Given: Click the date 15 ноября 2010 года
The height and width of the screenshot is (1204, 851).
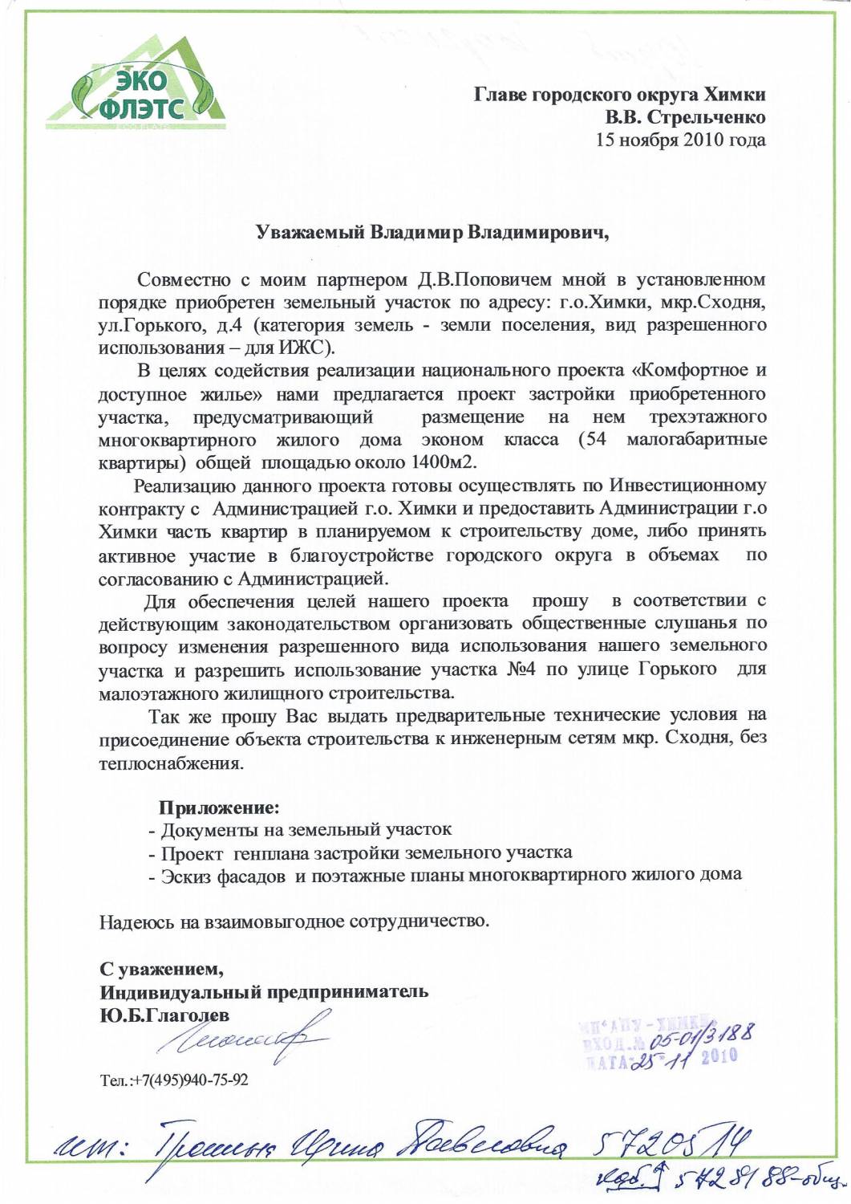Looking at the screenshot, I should [680, 140].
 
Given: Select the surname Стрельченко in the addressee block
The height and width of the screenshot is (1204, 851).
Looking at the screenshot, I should [706, 117].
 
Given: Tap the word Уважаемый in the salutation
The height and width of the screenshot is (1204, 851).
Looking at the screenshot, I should [310, 233].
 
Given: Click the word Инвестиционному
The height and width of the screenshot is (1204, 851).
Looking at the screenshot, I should [687, 486].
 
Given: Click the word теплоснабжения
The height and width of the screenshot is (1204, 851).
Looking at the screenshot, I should [171, 763].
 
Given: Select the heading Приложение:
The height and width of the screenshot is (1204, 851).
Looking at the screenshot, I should [219, 807].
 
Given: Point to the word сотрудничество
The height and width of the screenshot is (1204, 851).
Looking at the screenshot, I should [418, 921].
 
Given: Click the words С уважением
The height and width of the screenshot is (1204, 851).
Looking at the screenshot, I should [161, 968].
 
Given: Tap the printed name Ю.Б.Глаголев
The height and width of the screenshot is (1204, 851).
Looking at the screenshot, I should [164, 1015].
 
